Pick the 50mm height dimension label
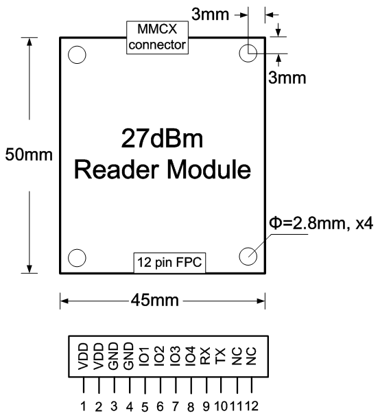click(29, 155)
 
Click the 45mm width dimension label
click(155, 300)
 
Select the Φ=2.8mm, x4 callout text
click(321, 224)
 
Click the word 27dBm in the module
click(162, 139)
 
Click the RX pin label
click(205, 356)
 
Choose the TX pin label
click(221, 356)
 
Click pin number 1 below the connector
click(83, 406)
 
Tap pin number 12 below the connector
click(251, 406)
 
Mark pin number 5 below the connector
click(145, 408)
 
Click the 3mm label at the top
click(210, 14)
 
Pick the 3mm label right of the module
click(287, 78)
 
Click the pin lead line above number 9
click(206, 385)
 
